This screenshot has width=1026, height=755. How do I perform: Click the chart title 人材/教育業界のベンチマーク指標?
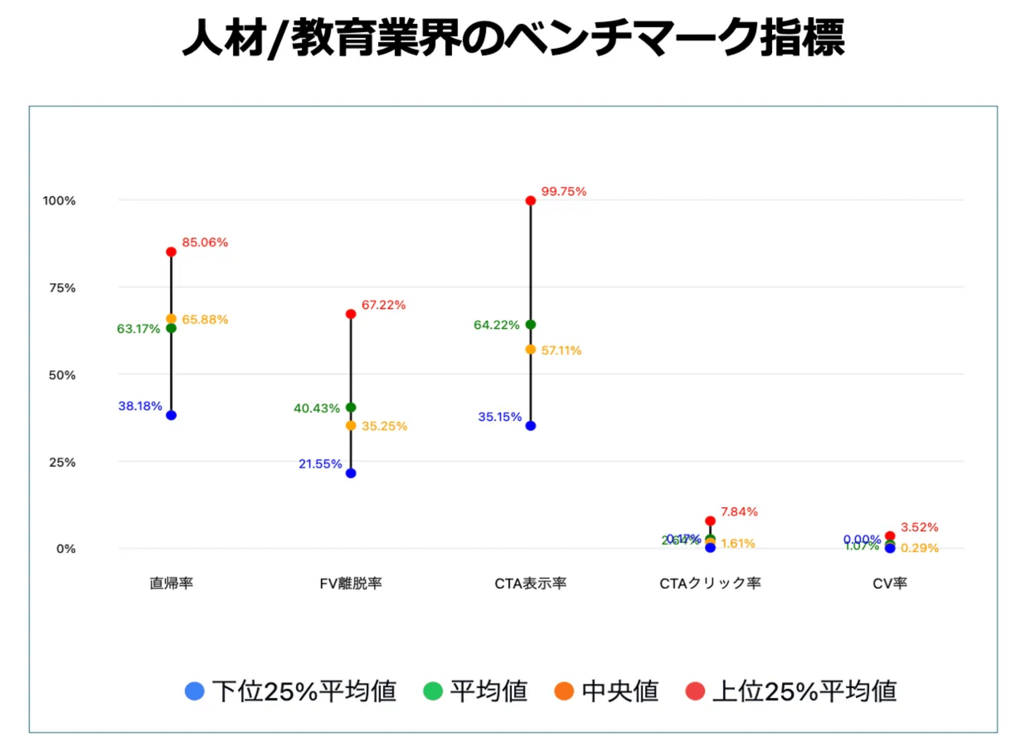pyautogui.click(x=513, y=38)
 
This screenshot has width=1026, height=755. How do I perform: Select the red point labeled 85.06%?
pyautogui.click(x=171, y=252)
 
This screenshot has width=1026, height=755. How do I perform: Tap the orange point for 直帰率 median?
pyautogui.click(x=171, y=319)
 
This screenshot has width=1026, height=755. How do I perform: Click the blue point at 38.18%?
pyautogui.click(x=171, y=415)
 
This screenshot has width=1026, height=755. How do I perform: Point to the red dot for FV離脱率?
pyautogui.click(x=351, y=314)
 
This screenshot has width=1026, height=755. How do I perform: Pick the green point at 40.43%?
pyautogui.click(x=351, y=407)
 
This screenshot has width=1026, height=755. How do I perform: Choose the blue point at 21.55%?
pyautogui.click(x=351, y=473)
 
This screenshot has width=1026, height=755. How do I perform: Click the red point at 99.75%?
pyautogui.click(x=531, y=201)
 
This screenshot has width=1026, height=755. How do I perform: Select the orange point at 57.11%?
pyautogui.click(x=531, y=349)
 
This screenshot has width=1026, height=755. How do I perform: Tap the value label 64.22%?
pyautogui.click(x=496, y=325)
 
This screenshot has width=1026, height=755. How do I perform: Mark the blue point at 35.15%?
pyautogui.click(x=531, y=426)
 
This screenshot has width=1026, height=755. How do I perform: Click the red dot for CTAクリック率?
pyautogui.click(x=710, y=521)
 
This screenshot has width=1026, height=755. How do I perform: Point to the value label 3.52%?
pyautogui.click(x=919, y=527)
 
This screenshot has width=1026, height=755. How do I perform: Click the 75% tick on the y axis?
pyautogui.click(x=62, y=288)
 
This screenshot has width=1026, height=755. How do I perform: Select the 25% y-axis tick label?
pyautogui.click(x=62, y=462)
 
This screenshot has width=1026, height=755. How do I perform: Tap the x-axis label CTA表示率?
pyautogui.click(x=530, y=583)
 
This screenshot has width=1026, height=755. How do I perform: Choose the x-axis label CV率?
pyautogui.click(x=890, y=583)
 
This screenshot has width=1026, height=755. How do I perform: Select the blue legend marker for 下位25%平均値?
pyautogui.click(x=194, y=691)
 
